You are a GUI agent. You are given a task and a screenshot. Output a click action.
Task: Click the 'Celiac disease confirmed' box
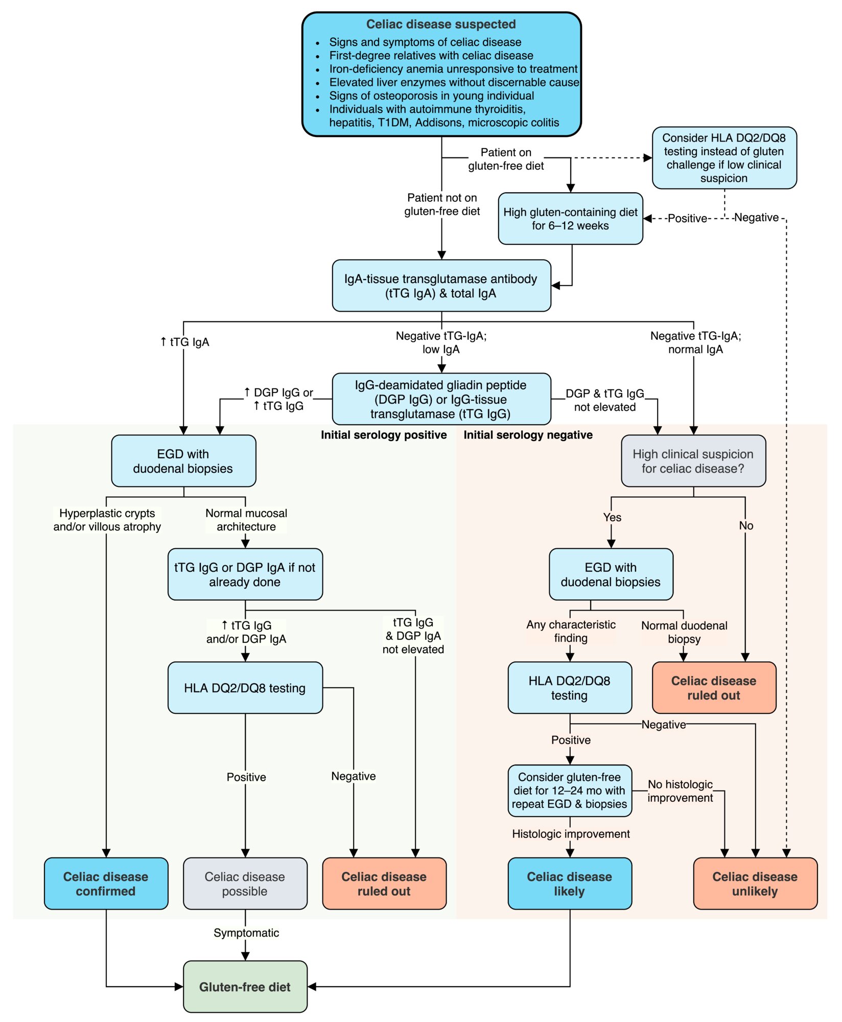tap(106, 884)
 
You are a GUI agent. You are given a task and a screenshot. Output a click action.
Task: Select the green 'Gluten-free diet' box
tap(245, 987)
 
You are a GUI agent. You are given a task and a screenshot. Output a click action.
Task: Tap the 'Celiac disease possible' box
tap(245, 884)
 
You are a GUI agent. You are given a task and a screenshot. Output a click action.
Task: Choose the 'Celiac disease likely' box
tap(570, 884)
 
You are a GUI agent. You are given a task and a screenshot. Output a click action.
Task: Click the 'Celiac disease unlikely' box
tap(755, 884)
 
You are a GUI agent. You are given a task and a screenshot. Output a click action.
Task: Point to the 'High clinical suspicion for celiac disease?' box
tap(693, 461)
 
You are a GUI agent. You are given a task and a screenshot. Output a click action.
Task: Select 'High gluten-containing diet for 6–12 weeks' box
tap(571, 219)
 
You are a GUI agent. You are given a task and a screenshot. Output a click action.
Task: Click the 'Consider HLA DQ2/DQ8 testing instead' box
tap(724, 158)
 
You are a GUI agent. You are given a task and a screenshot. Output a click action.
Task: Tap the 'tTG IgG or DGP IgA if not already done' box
tap(245, 574)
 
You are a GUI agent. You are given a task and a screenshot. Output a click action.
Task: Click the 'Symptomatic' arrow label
tap(246, 933)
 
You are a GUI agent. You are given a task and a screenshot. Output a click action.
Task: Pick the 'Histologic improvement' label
tap(571, 833)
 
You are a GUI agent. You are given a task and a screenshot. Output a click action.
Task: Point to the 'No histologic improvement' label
tap(680, 791)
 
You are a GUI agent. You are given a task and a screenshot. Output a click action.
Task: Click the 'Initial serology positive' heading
tap(384, 435)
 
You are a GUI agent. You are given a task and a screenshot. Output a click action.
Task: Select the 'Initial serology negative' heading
tap(528, 435)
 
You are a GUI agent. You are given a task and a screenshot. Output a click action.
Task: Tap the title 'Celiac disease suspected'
tap(441, 24)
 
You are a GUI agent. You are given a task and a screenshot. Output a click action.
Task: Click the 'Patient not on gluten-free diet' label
tap(442, 204)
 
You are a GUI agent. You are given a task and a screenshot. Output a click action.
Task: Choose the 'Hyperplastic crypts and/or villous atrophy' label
tap(107, 520)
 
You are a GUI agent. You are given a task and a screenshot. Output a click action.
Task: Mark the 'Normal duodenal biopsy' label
tap(684, 632)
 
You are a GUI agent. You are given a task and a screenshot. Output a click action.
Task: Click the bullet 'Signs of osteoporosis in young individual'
tap(431, 96)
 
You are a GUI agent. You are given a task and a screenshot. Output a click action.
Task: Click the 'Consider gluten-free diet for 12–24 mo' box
tap(570, 791)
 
